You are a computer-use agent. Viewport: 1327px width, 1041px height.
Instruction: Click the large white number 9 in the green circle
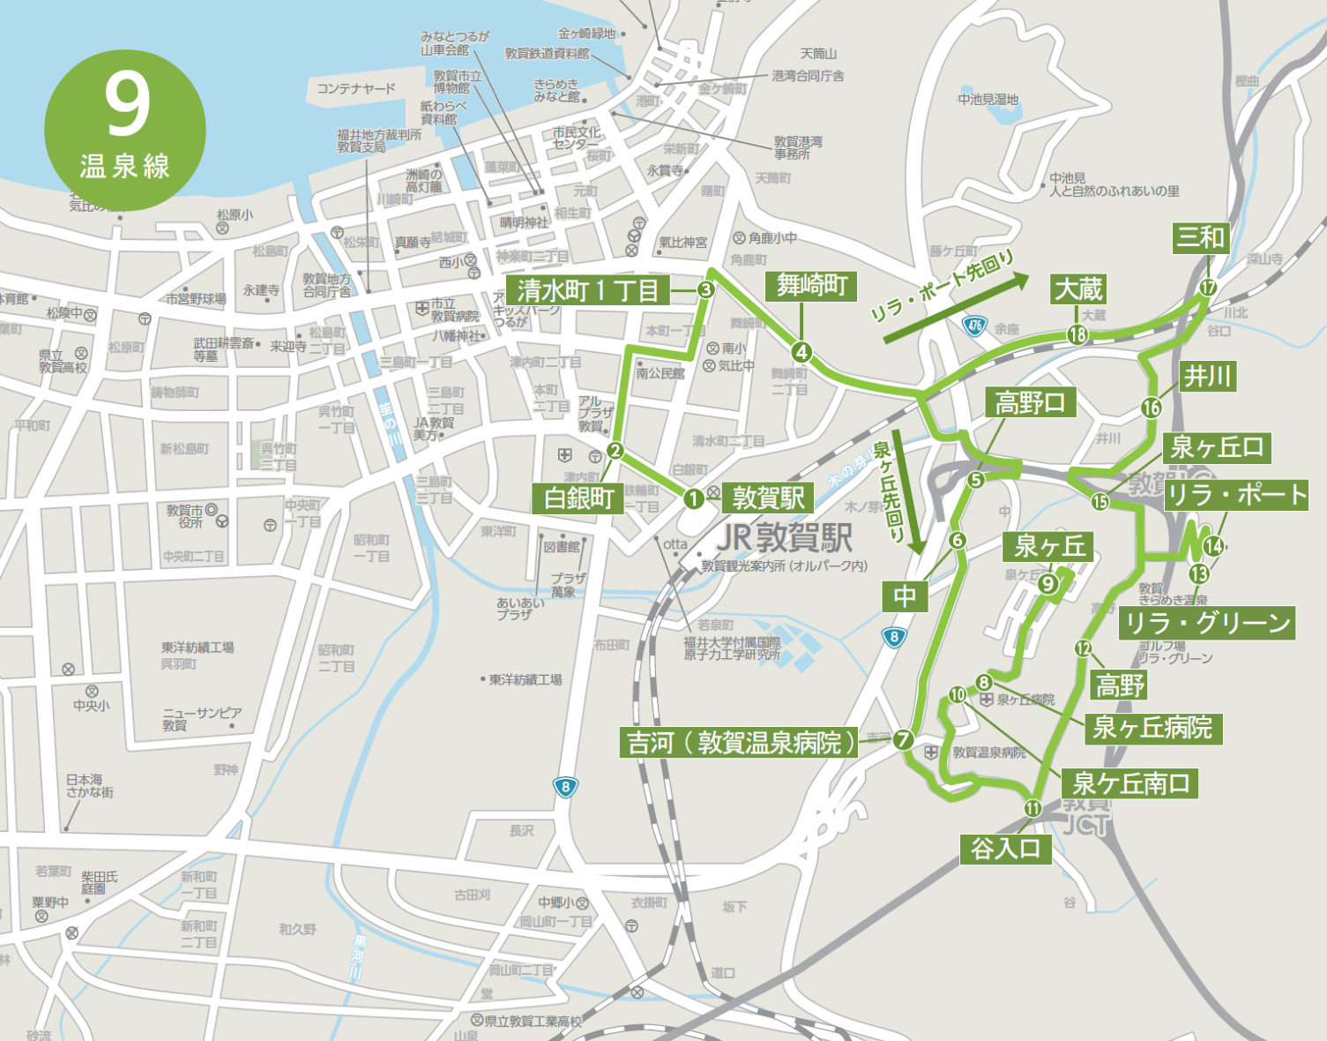pyautogui.click(x=127, y=103)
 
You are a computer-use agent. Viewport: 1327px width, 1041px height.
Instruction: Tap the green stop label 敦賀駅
pyautogui.click(x=769, y=498)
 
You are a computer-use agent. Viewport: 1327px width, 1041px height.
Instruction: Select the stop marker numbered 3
pyautogui.click(x=705, y=289)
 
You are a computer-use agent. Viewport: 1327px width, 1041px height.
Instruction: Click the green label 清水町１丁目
pyautogui.click(x=588, y=289)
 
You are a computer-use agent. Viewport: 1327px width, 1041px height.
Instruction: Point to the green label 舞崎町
pyautogui.click(x=812, y=285)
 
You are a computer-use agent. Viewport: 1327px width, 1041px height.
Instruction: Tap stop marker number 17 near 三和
pyautogui.click(x=1208, y=287)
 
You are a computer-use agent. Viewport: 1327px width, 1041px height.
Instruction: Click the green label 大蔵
pyautogui.click(x=1078, y=289)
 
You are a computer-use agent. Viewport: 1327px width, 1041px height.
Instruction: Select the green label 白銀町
pyautogui.click(x=578, y=498)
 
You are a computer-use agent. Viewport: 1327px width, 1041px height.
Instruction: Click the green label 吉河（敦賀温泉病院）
pyautogui.click(x=740, y=743)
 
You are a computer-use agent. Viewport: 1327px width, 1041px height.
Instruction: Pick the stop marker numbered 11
pyautogui.click(x=1033, y=808)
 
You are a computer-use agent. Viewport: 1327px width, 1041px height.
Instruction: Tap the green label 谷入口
pyautogui.click(x=1006, y=849)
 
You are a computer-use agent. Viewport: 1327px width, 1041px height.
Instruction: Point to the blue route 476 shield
pyautogui.click(x=974, y=326)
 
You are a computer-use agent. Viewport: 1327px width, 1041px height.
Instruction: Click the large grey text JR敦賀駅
pyautogui.click(x=785, y=537)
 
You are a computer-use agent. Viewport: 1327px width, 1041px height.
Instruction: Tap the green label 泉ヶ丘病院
pyautogui.click(x=1152, y=728)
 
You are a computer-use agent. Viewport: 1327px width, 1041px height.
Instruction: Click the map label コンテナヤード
pyautogui.click(x=356, y=88)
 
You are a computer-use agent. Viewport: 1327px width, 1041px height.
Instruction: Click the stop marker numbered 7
pyautogui.click(x=903, y=740)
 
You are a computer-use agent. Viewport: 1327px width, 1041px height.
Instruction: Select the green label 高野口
pyautogui.click(x=1030, y=403)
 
